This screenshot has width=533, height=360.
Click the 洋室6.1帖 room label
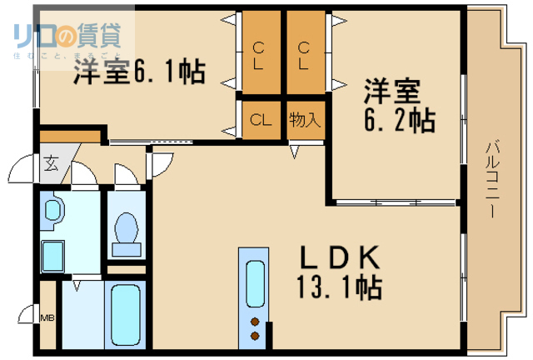coord(138,72)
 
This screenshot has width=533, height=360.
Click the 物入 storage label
coord(304,119)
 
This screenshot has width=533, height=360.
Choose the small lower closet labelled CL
coord(261,119)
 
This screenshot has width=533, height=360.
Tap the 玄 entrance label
coord(51,163)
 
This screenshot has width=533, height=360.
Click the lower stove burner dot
coord(253,336)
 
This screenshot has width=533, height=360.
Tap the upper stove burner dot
coord(253,321)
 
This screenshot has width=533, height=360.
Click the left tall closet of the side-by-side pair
coord(261,54)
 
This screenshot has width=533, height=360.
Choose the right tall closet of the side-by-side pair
coord(304,54)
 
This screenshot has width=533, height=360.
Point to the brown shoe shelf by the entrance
coord(70,136)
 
